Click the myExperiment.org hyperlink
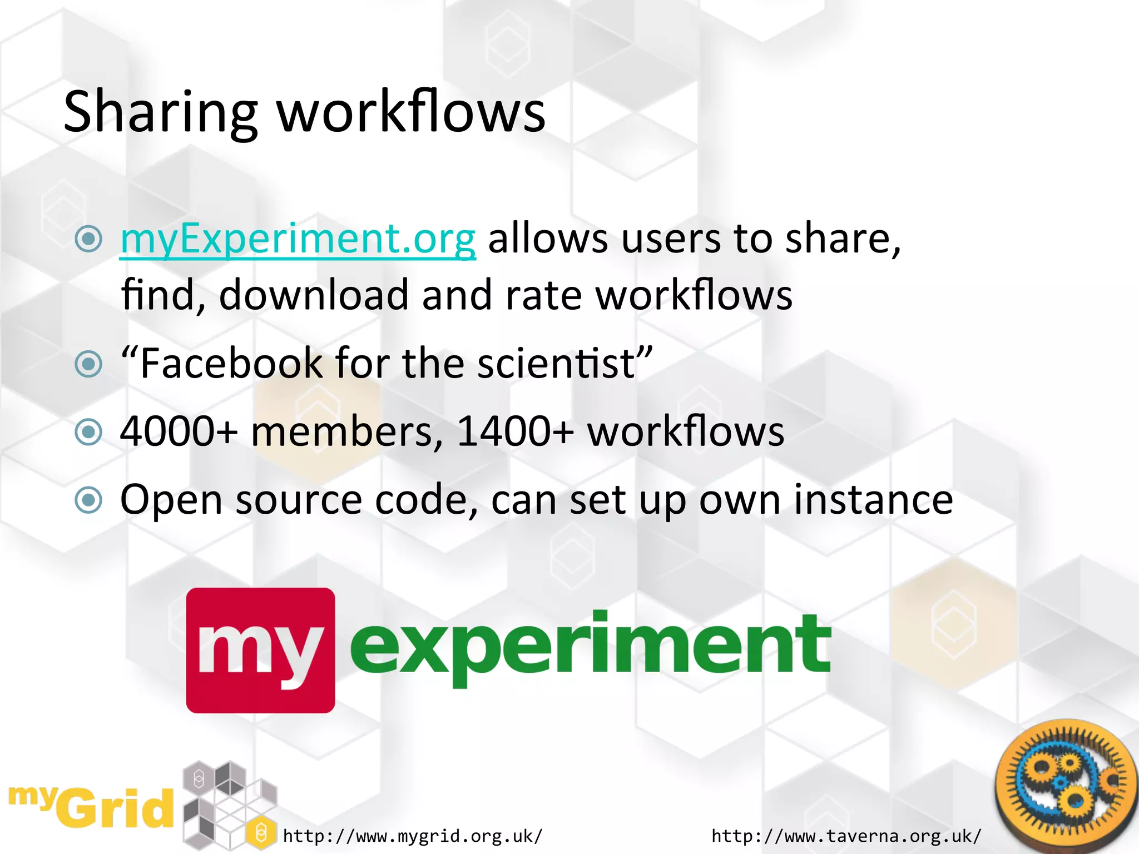[x=298, y=239]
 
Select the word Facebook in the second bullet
[x=231, y=364]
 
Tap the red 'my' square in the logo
[x=260, y=650]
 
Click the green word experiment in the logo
[x=590, y=645]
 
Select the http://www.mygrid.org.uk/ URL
[x=413, y=836]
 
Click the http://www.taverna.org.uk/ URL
[x=846, y=836]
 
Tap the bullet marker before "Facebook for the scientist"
[x=88, y=364]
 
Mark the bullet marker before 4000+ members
[x=88, y=432]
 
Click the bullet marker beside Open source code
[x=88, y=500]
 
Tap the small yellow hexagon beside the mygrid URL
[x=261, y=833]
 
